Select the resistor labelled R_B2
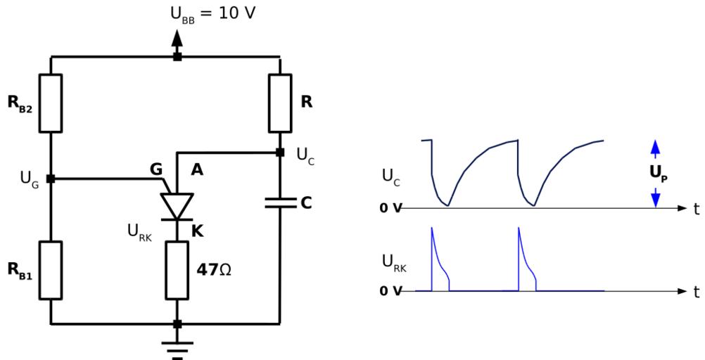50,103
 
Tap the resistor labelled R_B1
50,271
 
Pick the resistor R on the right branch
279,103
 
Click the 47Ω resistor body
177,271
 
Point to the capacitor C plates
279,203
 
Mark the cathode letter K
198,229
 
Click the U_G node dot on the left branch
50,179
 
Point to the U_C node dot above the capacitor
279,152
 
